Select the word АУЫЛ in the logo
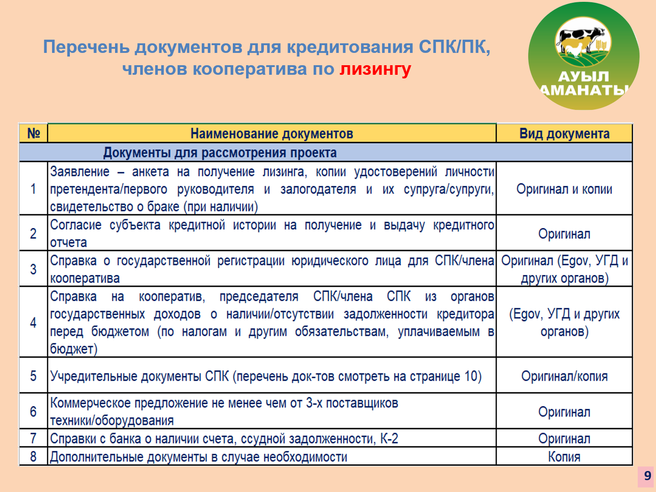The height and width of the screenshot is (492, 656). (x=583, y=77)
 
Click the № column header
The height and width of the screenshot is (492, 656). (x=33, y=133)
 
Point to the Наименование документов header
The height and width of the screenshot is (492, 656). (x=272, y=134)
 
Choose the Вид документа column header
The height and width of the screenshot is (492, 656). (x=564, y=134)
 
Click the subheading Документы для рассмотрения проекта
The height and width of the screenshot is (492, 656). (x=220, y=153)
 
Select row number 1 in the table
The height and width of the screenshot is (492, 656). (x=33, y=189)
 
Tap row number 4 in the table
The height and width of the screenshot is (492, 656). (x=33, y=322)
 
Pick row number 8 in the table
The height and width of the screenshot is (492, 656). (x=33, y=456)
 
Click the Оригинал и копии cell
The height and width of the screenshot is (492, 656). (x=564, y=189)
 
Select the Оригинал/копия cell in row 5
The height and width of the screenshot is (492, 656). (x=564, y=376)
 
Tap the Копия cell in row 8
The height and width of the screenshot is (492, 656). (x=564, y=457)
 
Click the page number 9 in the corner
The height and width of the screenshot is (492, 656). (x=647, y=476)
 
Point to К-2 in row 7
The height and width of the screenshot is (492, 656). (x=389, y=439)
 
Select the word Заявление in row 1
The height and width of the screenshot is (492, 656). (x=80, y=171)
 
